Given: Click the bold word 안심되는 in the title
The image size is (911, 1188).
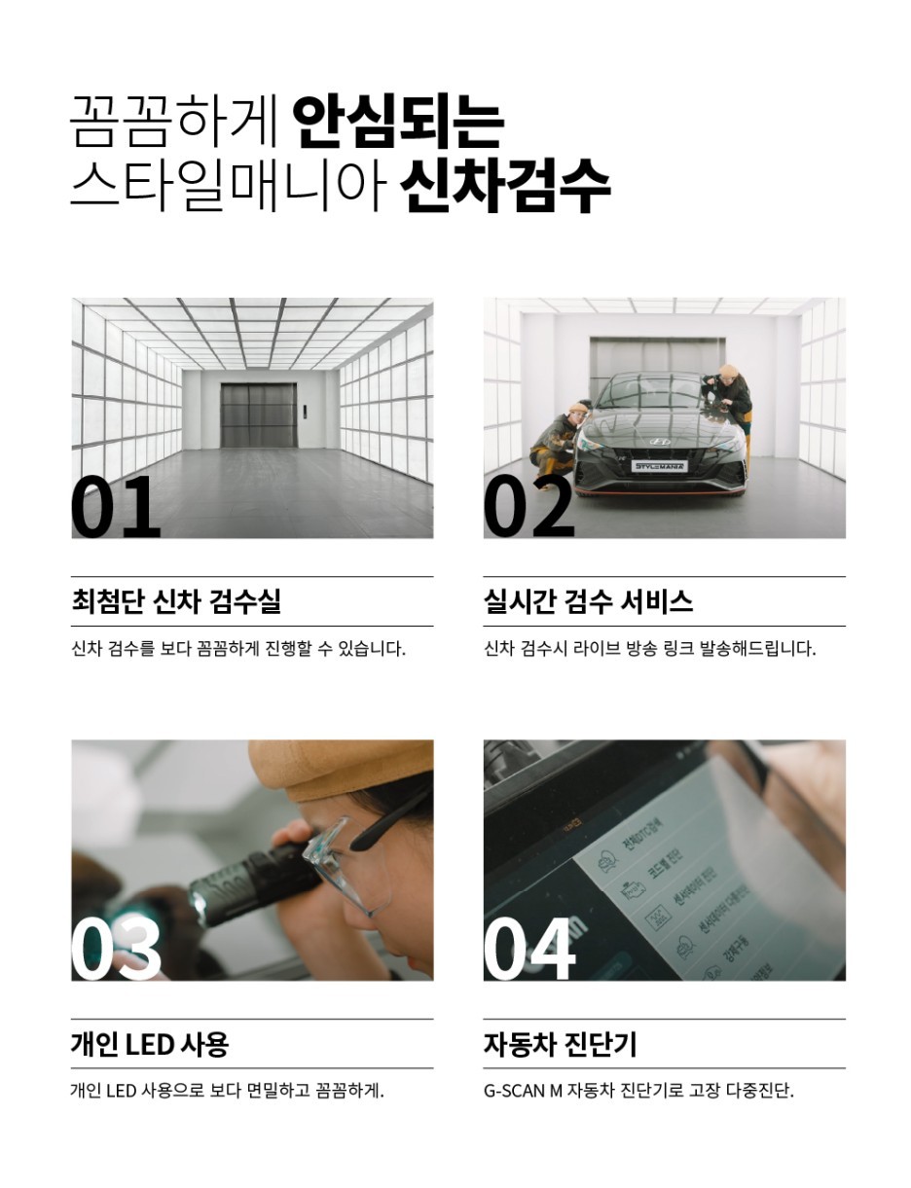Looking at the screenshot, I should pyautogui.click(x=397, y=121).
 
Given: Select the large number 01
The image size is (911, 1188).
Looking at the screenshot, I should pyautogui.click(x=115, y=506).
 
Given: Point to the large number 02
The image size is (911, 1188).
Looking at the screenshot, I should pyautogui.click(x=528, y=506).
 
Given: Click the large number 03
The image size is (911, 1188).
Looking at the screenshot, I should pyautogui.click(x=116, y=948).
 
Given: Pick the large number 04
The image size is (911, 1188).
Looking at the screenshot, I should pyautogui.click(x=528, y=948).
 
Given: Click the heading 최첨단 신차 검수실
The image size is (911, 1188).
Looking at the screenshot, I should pyautogui.click(x=176, y=601).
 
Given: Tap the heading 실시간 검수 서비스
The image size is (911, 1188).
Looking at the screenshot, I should pyautogui.click(x=588, y=601).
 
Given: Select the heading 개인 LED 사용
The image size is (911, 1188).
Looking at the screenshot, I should pyautogui.click(x=149, y=1044).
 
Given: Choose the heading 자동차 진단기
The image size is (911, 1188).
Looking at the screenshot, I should pyautogui.click(x=560, y=1044).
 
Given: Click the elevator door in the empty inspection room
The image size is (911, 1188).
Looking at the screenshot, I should pyautogui.click(x=258, y=414).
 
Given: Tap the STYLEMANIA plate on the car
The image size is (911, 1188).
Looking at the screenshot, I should pyautogui.click(x=660, y=467).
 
